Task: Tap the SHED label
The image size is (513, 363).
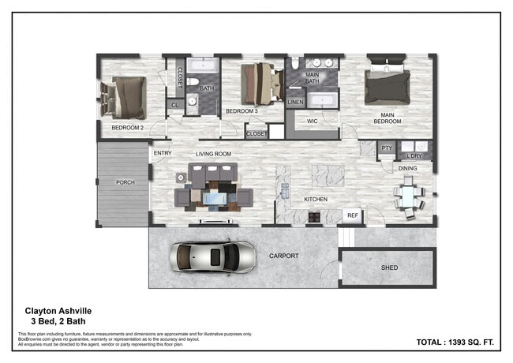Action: [x=389, y=268]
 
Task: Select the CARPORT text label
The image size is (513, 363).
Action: [x=283, y=256]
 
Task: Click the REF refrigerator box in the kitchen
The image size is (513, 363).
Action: [x=353, y=215]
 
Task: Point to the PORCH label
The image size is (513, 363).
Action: [x=125, y=182]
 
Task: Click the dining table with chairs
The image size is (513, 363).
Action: [x=408, y=195]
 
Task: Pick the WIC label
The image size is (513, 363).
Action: [x=311, y=121]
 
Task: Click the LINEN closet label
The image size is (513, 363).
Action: [x=295, y=103]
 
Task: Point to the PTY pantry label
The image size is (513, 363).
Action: [x=386, y=148]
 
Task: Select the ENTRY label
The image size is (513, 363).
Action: [x=163, y=153]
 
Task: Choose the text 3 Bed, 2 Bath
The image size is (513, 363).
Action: [x=58, y=322]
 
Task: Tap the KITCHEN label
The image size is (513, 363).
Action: [x=316, y=199]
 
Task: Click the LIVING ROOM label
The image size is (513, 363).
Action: [x=213, y=153]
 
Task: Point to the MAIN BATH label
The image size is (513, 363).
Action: [x=312, y=77]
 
